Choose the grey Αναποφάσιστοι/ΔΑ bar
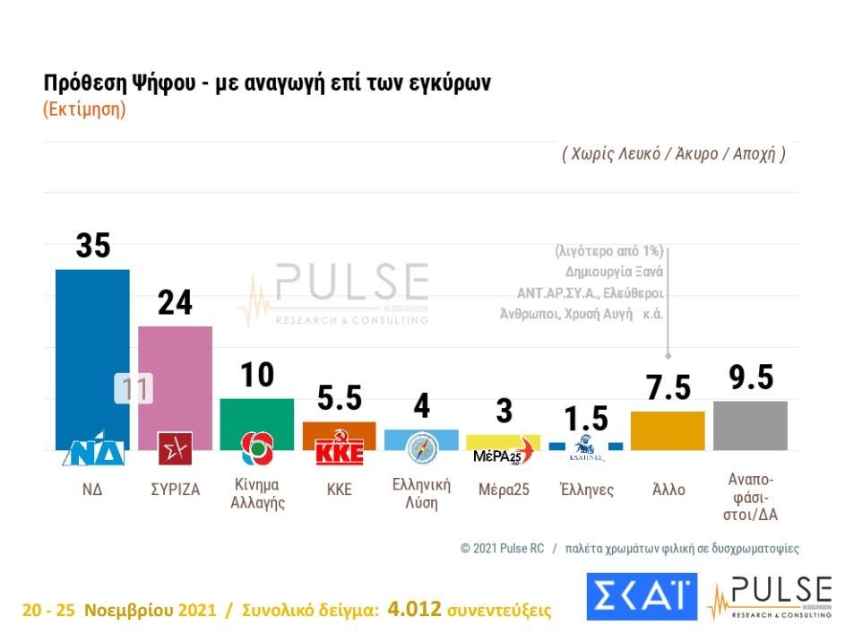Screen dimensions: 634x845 [750, 425]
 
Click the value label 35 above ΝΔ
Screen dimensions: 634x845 [92, 246]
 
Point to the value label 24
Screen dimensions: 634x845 [175, 303]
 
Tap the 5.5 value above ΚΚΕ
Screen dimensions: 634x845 [339, 396]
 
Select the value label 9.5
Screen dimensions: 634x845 [750, 378]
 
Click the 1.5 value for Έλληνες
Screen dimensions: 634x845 [586, 418]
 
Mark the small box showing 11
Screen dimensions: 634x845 [134, 389]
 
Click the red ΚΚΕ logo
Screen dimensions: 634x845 [340, 451]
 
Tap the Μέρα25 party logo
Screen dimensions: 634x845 [503, 454]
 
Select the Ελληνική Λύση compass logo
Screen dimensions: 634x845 [421, 447]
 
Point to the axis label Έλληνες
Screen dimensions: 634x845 [586, 490]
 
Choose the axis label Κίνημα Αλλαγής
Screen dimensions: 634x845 [257, 493]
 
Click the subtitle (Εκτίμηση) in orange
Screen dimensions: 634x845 [84, 109]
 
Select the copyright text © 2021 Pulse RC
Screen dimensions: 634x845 [503, 548]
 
